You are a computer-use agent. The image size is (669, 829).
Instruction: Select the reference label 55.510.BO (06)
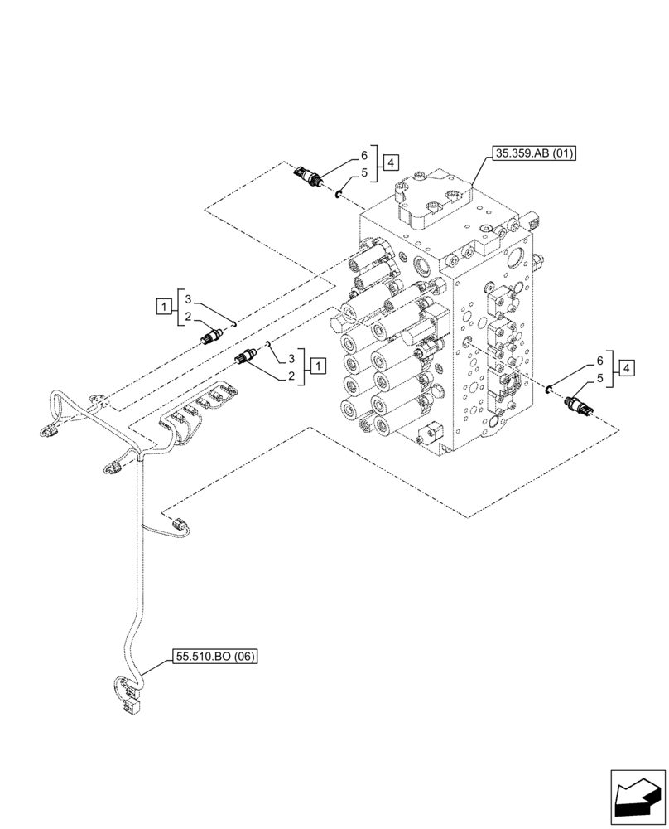point(215,657)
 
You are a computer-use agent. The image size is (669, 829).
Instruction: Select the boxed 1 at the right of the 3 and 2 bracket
point(318,366)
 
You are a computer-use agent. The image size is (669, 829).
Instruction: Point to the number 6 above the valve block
point(363,155)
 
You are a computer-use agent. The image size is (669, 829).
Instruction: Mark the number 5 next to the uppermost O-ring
point(363,174)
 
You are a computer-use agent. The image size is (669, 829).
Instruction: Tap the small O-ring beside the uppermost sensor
point(339,194)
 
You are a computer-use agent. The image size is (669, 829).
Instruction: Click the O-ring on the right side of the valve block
point(549,386)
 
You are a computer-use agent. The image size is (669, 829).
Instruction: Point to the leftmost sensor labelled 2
point(213,336)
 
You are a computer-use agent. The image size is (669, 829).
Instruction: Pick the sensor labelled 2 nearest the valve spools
point(246,358)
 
